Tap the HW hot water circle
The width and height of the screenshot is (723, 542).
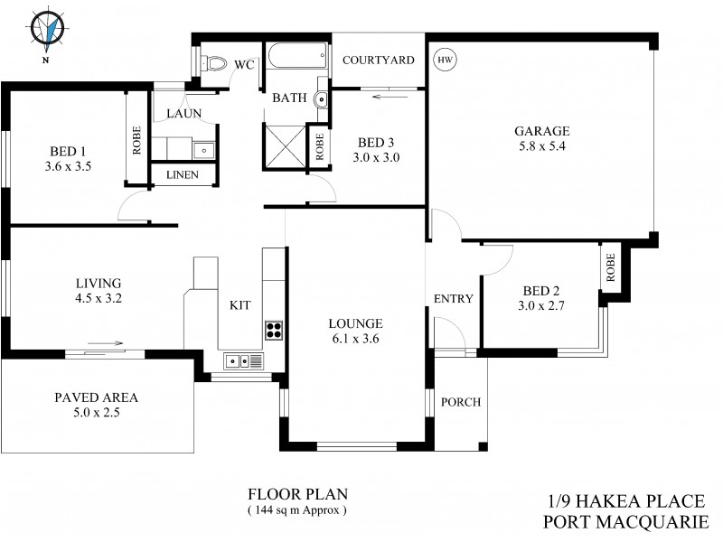[x=444, y=60]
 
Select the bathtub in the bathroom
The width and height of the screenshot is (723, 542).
[x=296, y=60]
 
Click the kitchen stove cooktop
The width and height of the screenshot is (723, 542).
[x=274, y=330]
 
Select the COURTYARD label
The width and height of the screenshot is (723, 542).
[x=378, y=61]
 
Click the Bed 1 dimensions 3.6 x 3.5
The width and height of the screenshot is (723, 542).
[x=69, y=167]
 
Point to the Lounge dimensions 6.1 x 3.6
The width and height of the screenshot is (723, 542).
[x=356, y=339]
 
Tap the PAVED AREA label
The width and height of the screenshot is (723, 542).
[x=96, y=397]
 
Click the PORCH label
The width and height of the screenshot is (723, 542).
[x=460, y=402]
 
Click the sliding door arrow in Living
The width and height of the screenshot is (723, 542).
[x=106, y=343]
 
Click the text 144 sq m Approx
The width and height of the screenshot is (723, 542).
[x=297, y=509]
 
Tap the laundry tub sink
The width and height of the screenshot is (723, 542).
[x=203, y=150]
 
